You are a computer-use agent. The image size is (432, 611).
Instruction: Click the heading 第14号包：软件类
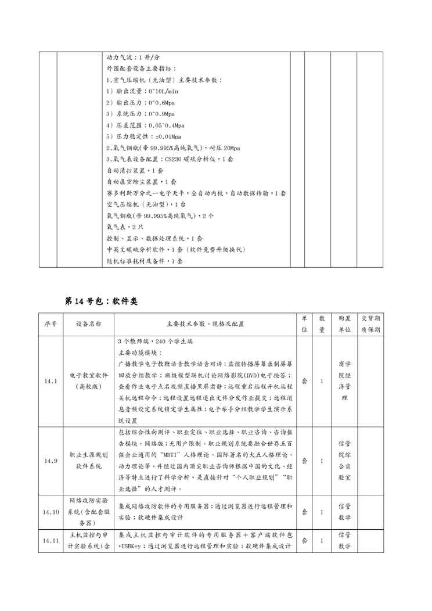(100, 301)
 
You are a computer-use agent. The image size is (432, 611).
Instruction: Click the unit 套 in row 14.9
(305, 461)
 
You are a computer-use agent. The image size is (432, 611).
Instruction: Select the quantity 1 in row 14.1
(322, 381)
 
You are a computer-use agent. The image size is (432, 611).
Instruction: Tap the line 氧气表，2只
(121, 227)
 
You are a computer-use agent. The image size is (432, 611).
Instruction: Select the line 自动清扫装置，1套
(135, 170)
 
